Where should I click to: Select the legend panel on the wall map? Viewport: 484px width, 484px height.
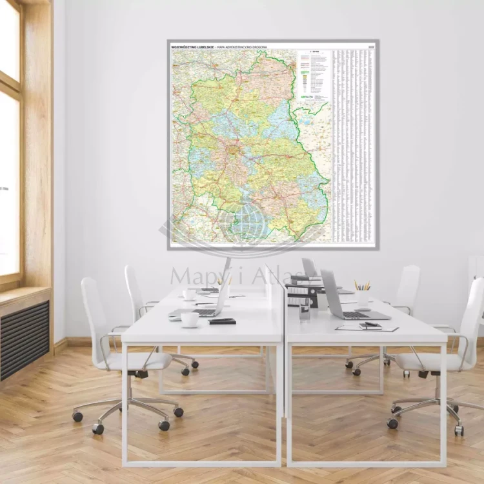click(x=313, y=74)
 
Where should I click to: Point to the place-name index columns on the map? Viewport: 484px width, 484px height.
click(x=352, y=142)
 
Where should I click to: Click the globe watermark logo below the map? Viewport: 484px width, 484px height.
click(x=244, y=223)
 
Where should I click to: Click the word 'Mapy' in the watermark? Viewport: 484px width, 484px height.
click(x=194, y=276)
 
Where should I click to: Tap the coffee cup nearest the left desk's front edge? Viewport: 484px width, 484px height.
click(x=190, y=319)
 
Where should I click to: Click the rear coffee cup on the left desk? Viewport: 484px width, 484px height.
click(x=190, y=294)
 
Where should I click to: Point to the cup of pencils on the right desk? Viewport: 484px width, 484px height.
click(x=362, y=294)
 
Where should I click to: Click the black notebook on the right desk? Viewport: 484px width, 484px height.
click(x=370, y=326)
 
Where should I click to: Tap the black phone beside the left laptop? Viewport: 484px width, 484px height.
click(x=222, y=321)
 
